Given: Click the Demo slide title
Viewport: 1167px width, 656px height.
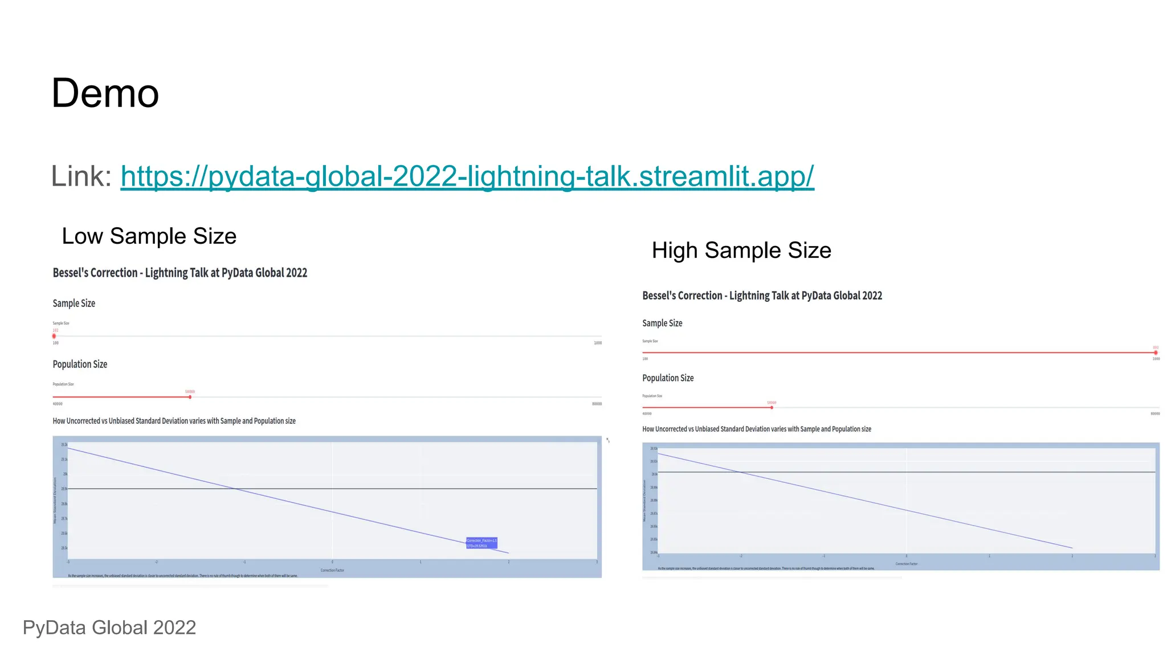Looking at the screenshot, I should click(105, 93).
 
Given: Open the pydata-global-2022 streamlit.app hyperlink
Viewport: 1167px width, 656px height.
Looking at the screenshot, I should click(467, 177).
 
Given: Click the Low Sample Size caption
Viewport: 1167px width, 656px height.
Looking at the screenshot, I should click(149, 236).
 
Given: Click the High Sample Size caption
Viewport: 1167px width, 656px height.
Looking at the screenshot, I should click(741, 251).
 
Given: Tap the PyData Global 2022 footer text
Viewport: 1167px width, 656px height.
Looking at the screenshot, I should click(109, 628).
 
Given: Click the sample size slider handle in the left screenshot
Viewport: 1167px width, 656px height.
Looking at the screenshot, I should click(54, 337).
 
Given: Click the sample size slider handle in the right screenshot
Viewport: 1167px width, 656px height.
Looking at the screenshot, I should click(1156, 353).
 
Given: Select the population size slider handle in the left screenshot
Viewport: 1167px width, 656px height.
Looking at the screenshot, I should click(190, 397).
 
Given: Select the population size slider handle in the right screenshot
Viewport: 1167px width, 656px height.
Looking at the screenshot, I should click(772, 408).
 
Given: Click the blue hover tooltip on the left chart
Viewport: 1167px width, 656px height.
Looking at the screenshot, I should click(482, 543).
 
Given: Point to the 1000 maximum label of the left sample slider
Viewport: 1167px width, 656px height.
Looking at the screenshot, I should click(598, 343).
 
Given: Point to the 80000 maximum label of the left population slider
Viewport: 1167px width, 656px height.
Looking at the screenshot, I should click(597, 404).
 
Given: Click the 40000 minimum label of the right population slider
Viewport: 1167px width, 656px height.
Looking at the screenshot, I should click(647, 414).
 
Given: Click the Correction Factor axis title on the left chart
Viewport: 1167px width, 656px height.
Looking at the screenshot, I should click(332, 570).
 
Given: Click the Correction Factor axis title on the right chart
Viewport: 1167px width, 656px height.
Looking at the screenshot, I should click(906, 564).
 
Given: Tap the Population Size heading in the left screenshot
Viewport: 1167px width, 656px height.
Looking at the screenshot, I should click(80, 364).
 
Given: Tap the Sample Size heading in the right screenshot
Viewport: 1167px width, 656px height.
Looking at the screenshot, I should click(662, 323).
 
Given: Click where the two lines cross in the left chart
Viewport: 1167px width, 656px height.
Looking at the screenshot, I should click(235, 489).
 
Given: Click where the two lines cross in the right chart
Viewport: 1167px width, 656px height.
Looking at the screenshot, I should click(740, 472).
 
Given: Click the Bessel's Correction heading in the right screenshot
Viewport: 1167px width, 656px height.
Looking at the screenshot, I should click(762, 296).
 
